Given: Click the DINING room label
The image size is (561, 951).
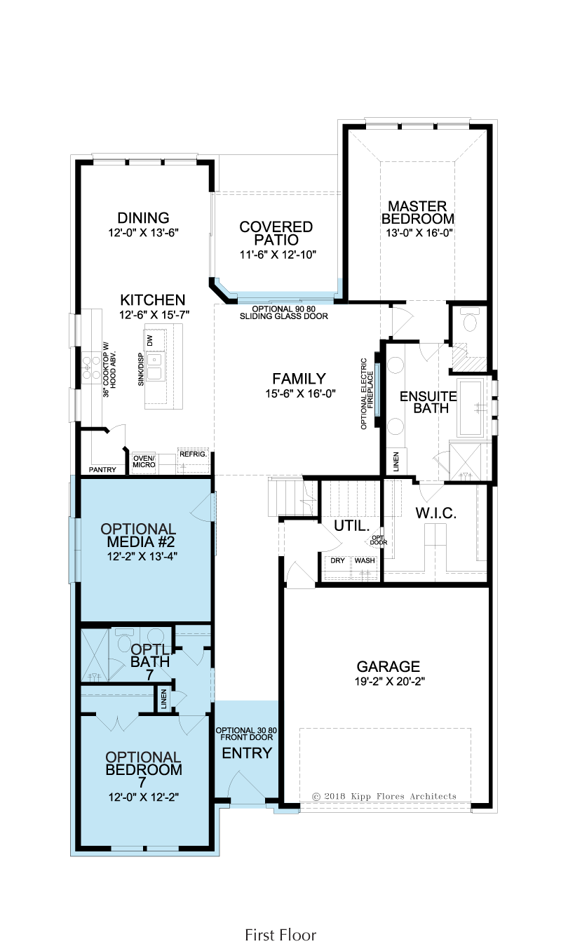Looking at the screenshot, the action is tap(144, 218).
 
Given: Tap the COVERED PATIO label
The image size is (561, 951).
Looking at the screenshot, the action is tap(276, 233).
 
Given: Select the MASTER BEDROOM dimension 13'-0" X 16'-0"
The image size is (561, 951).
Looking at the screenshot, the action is tap(419, 233).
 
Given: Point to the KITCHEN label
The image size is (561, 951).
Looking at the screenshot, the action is tap(153, 299).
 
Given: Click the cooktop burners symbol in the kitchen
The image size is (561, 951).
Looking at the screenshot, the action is tap(92, 368).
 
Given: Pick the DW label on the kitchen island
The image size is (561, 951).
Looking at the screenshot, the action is tap(149, 340).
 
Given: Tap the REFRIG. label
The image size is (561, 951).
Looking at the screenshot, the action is tap(193, 454).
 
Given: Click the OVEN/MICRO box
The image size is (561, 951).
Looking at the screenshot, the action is tap(144, 462).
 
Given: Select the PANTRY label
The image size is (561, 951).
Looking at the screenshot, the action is tap(102, 470).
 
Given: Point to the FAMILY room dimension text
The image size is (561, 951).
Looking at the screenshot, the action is tap(300, 393).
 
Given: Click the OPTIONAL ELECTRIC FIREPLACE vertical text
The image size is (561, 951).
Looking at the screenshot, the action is tap(367, 393).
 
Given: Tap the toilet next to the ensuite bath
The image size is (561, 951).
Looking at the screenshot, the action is tap(470, 321).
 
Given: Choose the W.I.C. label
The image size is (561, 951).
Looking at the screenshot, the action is tap(435, 513).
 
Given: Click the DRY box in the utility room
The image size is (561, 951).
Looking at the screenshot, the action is tap(338, 561).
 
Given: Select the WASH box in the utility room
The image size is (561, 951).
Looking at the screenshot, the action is tap(365, 561).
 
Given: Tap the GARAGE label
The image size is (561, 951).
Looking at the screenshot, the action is tap(388, 666).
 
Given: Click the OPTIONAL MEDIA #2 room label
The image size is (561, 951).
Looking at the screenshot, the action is tap(138, 535).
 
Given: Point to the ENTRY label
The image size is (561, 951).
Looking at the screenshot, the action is tap(247, 753).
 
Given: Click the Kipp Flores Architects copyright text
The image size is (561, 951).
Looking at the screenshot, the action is tap(384, 797).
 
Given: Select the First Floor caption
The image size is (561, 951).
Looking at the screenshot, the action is tap(280, 924).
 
